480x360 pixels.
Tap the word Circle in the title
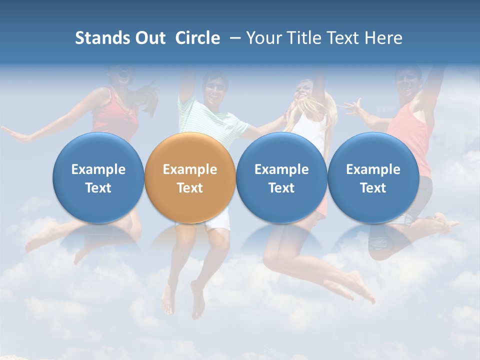coord(197,38)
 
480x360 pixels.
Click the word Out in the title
coord(150,38)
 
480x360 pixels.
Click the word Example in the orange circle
coord(190,169)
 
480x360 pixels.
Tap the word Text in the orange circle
coord(190,188)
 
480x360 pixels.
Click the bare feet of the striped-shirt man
coord(182,300)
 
